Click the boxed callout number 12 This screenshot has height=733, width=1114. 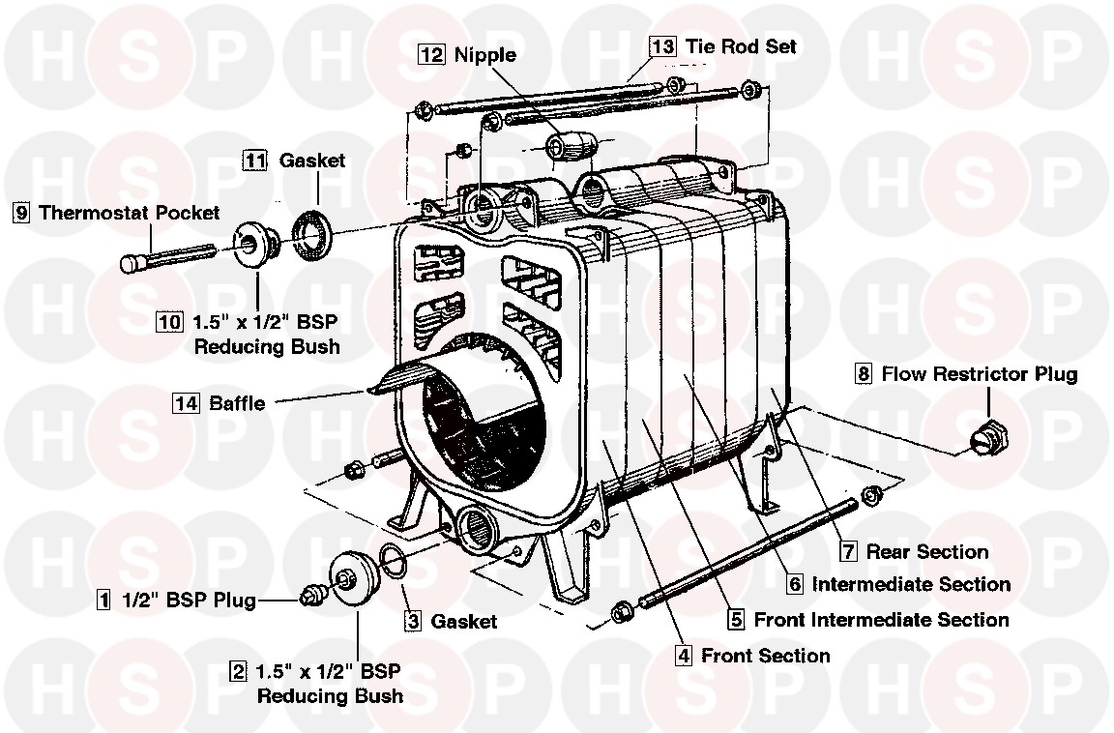[x=430, y=55]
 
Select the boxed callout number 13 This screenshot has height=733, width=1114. [x=662, y=45]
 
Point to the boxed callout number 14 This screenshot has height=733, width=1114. [x=186, y=403]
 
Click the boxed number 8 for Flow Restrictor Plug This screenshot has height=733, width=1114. [x=864, y=373]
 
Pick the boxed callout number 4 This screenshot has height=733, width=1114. [x=684, y=656]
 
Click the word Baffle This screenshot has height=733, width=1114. [x=237, y=403]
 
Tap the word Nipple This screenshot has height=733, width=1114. [x=485, y=55]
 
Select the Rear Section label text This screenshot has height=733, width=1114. [x=927, y=552]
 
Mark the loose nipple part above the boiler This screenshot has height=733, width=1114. [x=569, y=148]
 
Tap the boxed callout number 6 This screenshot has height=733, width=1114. [x=794, y=584]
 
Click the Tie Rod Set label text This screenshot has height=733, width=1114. [x=742, y=45]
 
